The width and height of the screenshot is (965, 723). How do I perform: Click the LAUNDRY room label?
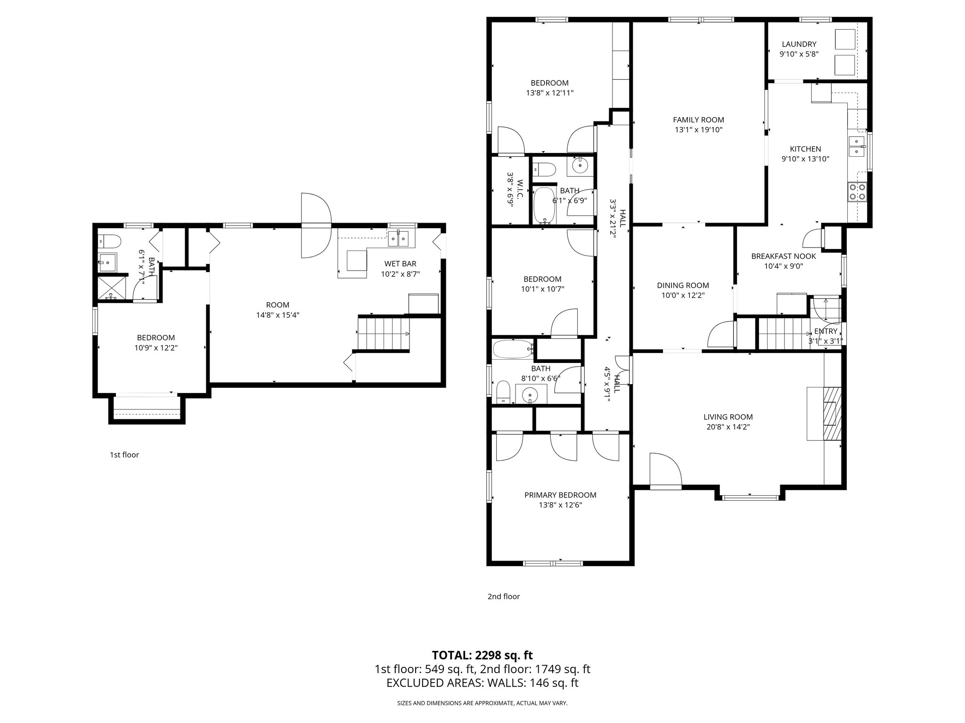tap(799, 44)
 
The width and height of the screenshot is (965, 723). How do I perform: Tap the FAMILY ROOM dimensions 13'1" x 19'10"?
tap(698, 130)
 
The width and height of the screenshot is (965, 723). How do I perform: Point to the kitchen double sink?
tap(857, 146)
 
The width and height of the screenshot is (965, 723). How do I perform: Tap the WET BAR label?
tap(400, 264)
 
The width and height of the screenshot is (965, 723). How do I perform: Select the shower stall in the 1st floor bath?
tap(112, 288)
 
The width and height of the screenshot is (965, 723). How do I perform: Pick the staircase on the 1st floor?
tap(383, 333)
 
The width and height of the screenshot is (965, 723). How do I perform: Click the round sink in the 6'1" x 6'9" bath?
tap(579, 165)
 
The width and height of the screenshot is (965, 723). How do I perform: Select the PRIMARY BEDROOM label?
tap(560, 495)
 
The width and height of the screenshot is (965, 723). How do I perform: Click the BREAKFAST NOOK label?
tap(783, 256)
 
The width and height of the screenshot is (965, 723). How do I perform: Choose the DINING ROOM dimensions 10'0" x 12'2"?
tap(683, 296)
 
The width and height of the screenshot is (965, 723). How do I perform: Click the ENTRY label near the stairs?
tap(826, 331)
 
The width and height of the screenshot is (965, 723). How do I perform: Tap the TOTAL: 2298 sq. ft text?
tap(482, 655)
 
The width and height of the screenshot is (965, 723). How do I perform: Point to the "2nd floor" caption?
tap(503, 596)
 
